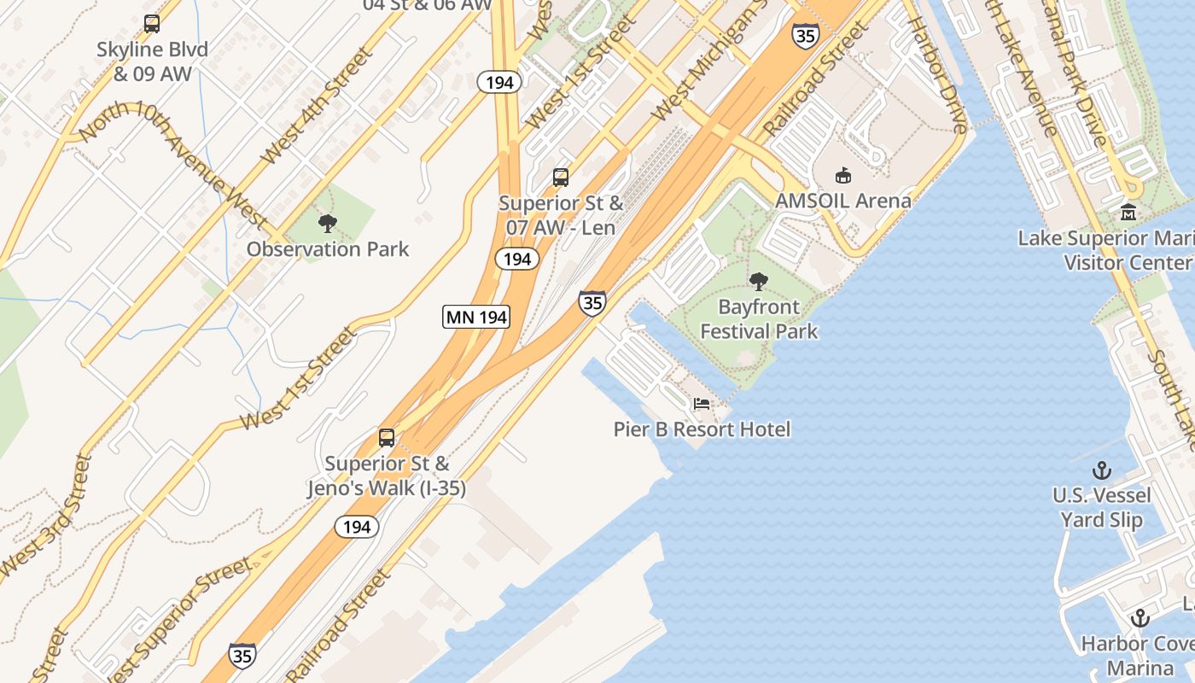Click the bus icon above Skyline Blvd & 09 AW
pos(152,24)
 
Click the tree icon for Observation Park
pos(327,225)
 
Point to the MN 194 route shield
pos(476,318)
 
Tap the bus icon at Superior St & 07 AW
pos(561,178)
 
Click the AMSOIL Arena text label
pos(842,201)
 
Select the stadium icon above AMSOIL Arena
pos(843,175)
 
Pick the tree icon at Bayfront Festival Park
pos(758,282)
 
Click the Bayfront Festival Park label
pos(759,318)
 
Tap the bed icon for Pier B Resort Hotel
pos(702,404)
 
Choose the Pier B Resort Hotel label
pos(702,429)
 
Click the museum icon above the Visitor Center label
pos(1128,212)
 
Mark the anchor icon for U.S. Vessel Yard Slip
pos(1102,470)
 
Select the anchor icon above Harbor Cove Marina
pos(1140,618)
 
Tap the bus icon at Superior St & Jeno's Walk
pos(387,438)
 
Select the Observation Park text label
pos(328,249)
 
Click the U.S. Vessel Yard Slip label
pos(1102,507)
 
